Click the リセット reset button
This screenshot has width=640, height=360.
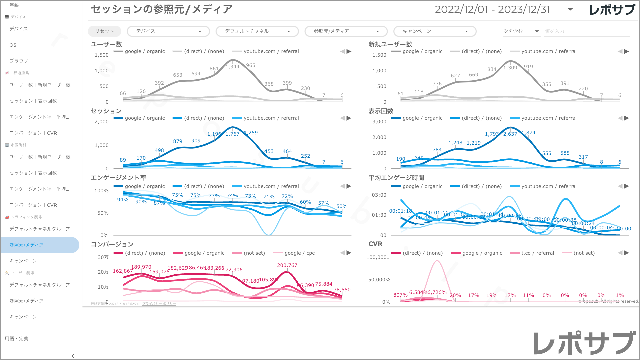pos(104,31)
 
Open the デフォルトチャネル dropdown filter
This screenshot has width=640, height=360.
pos(257,31)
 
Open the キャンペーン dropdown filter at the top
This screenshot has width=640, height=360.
pos(435,31)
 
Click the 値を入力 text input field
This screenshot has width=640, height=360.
pos(587,31)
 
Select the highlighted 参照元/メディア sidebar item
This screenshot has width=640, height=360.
pos(27,245)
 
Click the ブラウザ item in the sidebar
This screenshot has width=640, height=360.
pos(19,61)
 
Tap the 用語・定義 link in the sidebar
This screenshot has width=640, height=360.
pos(16,339)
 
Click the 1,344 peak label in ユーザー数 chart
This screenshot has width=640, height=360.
pos(232,67)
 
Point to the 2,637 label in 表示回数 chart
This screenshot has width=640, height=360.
pos(510,134)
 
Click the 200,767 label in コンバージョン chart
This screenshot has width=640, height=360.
pos(287,265)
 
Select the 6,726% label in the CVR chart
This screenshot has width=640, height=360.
pos(437,292)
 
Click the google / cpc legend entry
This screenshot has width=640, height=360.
pos(299,253)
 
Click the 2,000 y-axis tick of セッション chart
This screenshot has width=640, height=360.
pos(102,122)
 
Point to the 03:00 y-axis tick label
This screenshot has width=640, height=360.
pos(379,195)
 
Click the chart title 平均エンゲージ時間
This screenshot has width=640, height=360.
pos(396,178)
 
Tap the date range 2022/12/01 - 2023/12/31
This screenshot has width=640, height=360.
pos(492,9)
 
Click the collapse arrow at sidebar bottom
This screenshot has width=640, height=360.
pos(73,356)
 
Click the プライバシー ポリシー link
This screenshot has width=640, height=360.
pos(159,304)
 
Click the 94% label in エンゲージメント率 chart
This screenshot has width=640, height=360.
pos(123,200)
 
